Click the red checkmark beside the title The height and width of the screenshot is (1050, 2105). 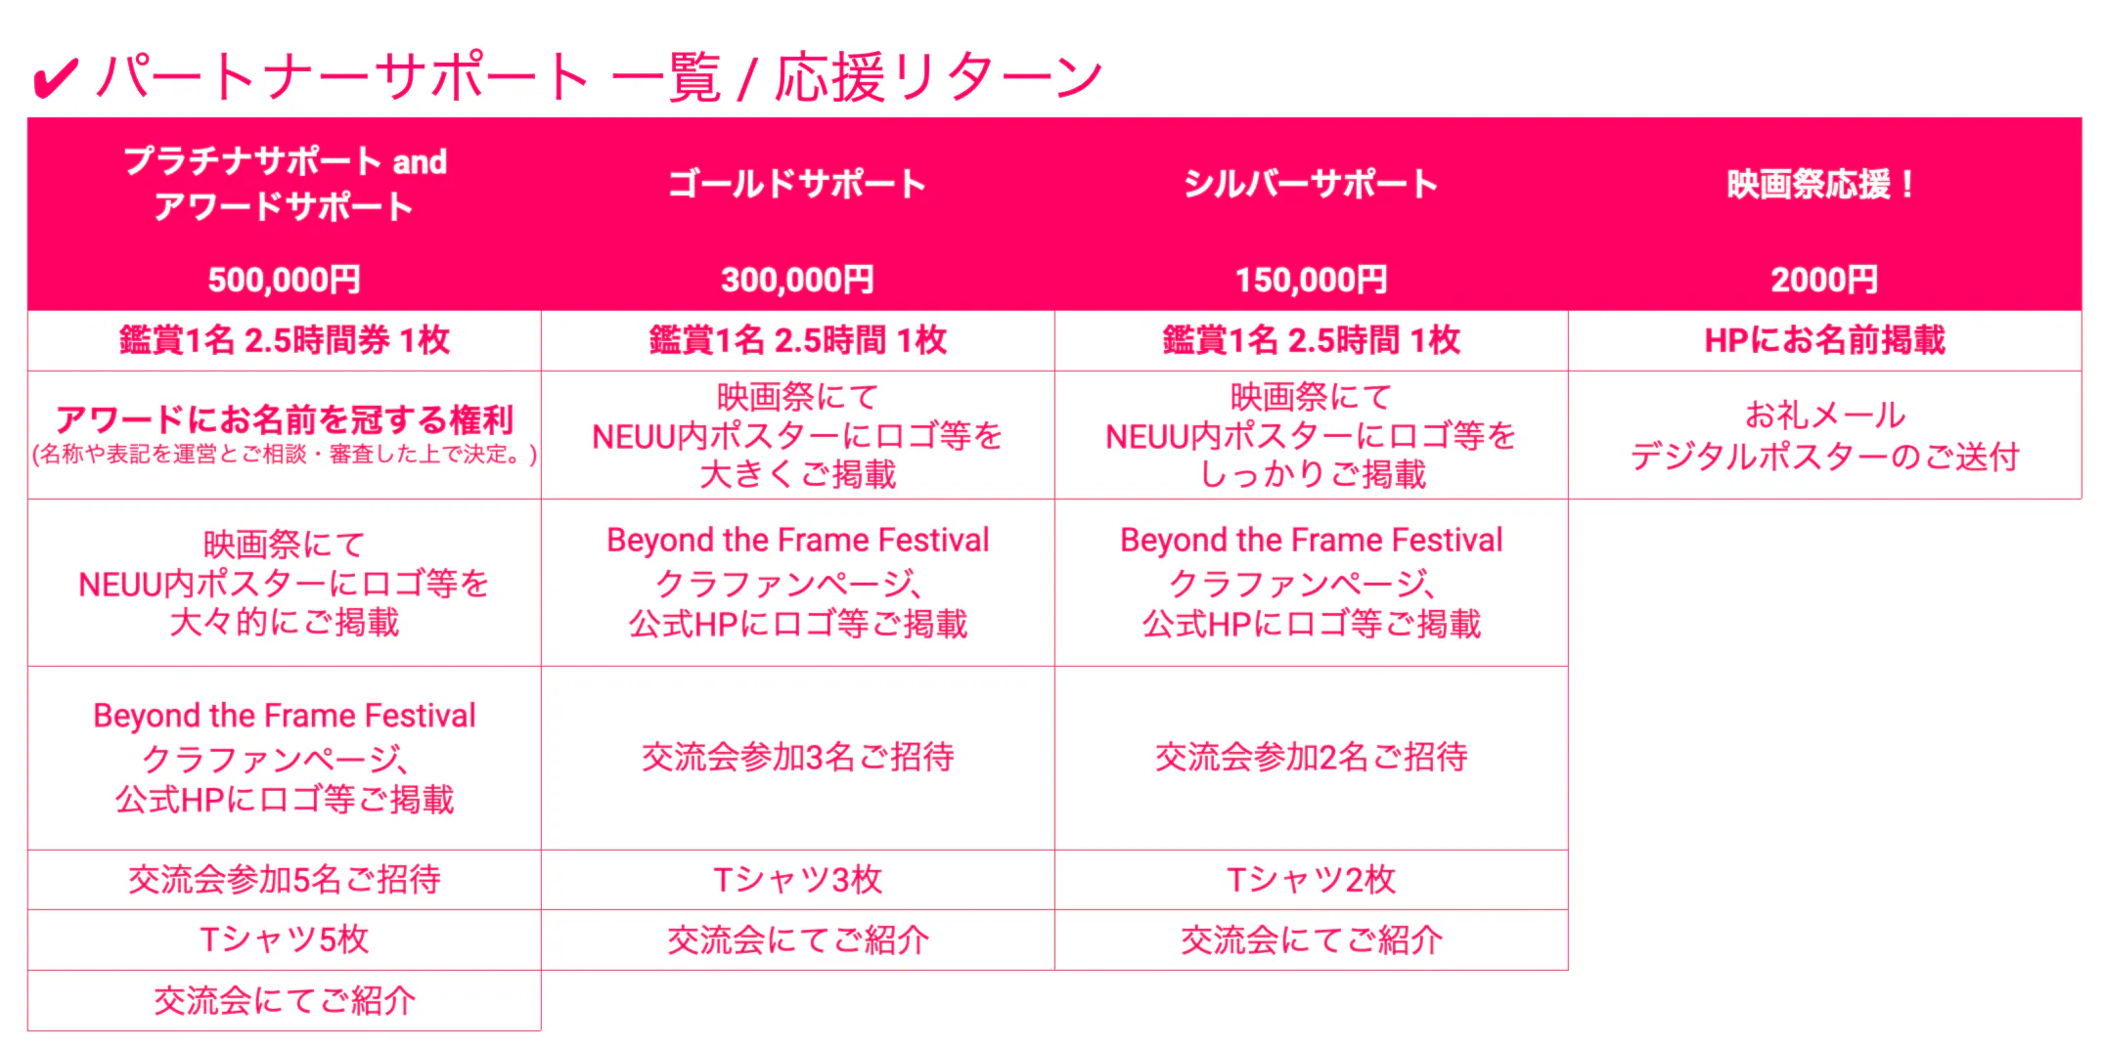(55, 78)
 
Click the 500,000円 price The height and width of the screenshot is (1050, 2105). (284, 281)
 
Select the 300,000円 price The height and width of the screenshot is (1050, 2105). (797, 281)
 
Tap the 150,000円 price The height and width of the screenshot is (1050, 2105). (1311, 281)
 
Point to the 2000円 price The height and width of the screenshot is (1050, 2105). (1824, 281)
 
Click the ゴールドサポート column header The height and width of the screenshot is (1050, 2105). (797, 184)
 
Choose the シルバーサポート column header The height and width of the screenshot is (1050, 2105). (1311, 184)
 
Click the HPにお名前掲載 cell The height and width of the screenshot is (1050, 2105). (1824, 340)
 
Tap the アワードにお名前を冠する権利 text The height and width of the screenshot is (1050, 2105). (285, 419)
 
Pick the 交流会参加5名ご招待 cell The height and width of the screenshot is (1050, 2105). (285, 880)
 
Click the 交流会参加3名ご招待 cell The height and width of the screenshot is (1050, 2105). (797, 757)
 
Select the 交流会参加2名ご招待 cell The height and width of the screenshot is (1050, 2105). (1311, 757)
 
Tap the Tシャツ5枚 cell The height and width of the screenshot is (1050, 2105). (285, 940)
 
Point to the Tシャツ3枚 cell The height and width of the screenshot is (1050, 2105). (797, 880)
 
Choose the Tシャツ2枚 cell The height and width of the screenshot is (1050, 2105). (1311, 880)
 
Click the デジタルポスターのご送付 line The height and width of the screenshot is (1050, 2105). (1824, 457)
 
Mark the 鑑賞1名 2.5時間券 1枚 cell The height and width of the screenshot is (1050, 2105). (285, 340)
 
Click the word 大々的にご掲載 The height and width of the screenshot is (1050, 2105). (285, 622)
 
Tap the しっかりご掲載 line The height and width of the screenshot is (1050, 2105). (1312, 474)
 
